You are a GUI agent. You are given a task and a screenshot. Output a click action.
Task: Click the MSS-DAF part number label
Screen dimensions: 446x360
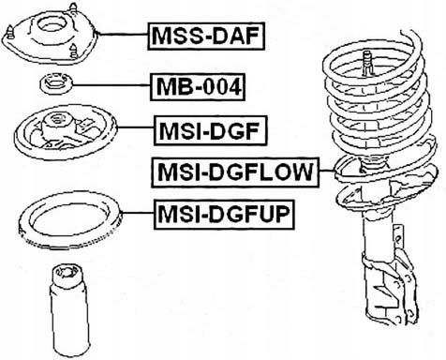click(x=206, y=36)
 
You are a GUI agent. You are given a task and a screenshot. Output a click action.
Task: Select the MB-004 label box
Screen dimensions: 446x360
click(x=198, y=87)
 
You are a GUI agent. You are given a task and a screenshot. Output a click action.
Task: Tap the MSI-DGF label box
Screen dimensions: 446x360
click(x=211, y=131)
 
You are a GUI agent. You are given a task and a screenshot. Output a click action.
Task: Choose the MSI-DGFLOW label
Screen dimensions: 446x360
click(x=235, y=172)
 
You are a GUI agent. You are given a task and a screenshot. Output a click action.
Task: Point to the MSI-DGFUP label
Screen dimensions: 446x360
click(x=224, y=215)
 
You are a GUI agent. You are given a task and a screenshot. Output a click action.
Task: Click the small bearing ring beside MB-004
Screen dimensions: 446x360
click(x=56, y=84)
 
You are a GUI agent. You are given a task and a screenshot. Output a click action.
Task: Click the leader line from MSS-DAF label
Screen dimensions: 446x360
click(x=123, y=34)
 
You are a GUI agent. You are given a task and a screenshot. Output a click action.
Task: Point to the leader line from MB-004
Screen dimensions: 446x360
click(x=111, y=85)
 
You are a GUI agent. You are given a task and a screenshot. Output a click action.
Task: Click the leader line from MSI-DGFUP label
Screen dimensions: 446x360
click(x=138, y=213)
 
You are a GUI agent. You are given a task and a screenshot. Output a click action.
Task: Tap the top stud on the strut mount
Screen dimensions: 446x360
click(x=73, y=7)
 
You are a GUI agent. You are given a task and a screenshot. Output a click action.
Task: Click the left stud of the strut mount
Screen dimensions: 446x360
click(x=11, y=31)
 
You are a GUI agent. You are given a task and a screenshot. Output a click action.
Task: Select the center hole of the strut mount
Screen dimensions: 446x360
click(x=50, y=26)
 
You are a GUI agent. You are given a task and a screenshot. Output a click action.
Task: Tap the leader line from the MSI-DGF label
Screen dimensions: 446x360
click(x=135, y=127)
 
